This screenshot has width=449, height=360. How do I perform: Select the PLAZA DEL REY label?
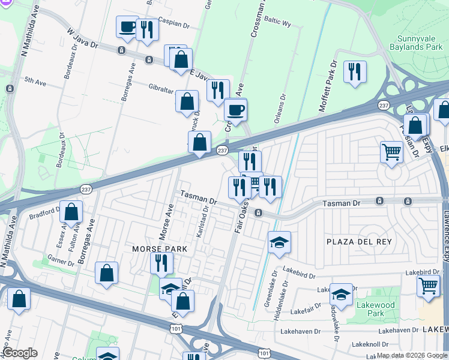pos(359,242)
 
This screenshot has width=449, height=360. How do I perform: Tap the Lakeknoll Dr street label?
pos(371,344)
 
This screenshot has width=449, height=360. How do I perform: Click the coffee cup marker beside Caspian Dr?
pos(127,28)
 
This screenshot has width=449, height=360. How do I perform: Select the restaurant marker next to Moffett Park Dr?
pos(354,73)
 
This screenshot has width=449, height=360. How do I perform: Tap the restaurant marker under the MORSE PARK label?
pos(161,263)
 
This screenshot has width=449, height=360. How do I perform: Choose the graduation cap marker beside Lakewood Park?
pos(341,295)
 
